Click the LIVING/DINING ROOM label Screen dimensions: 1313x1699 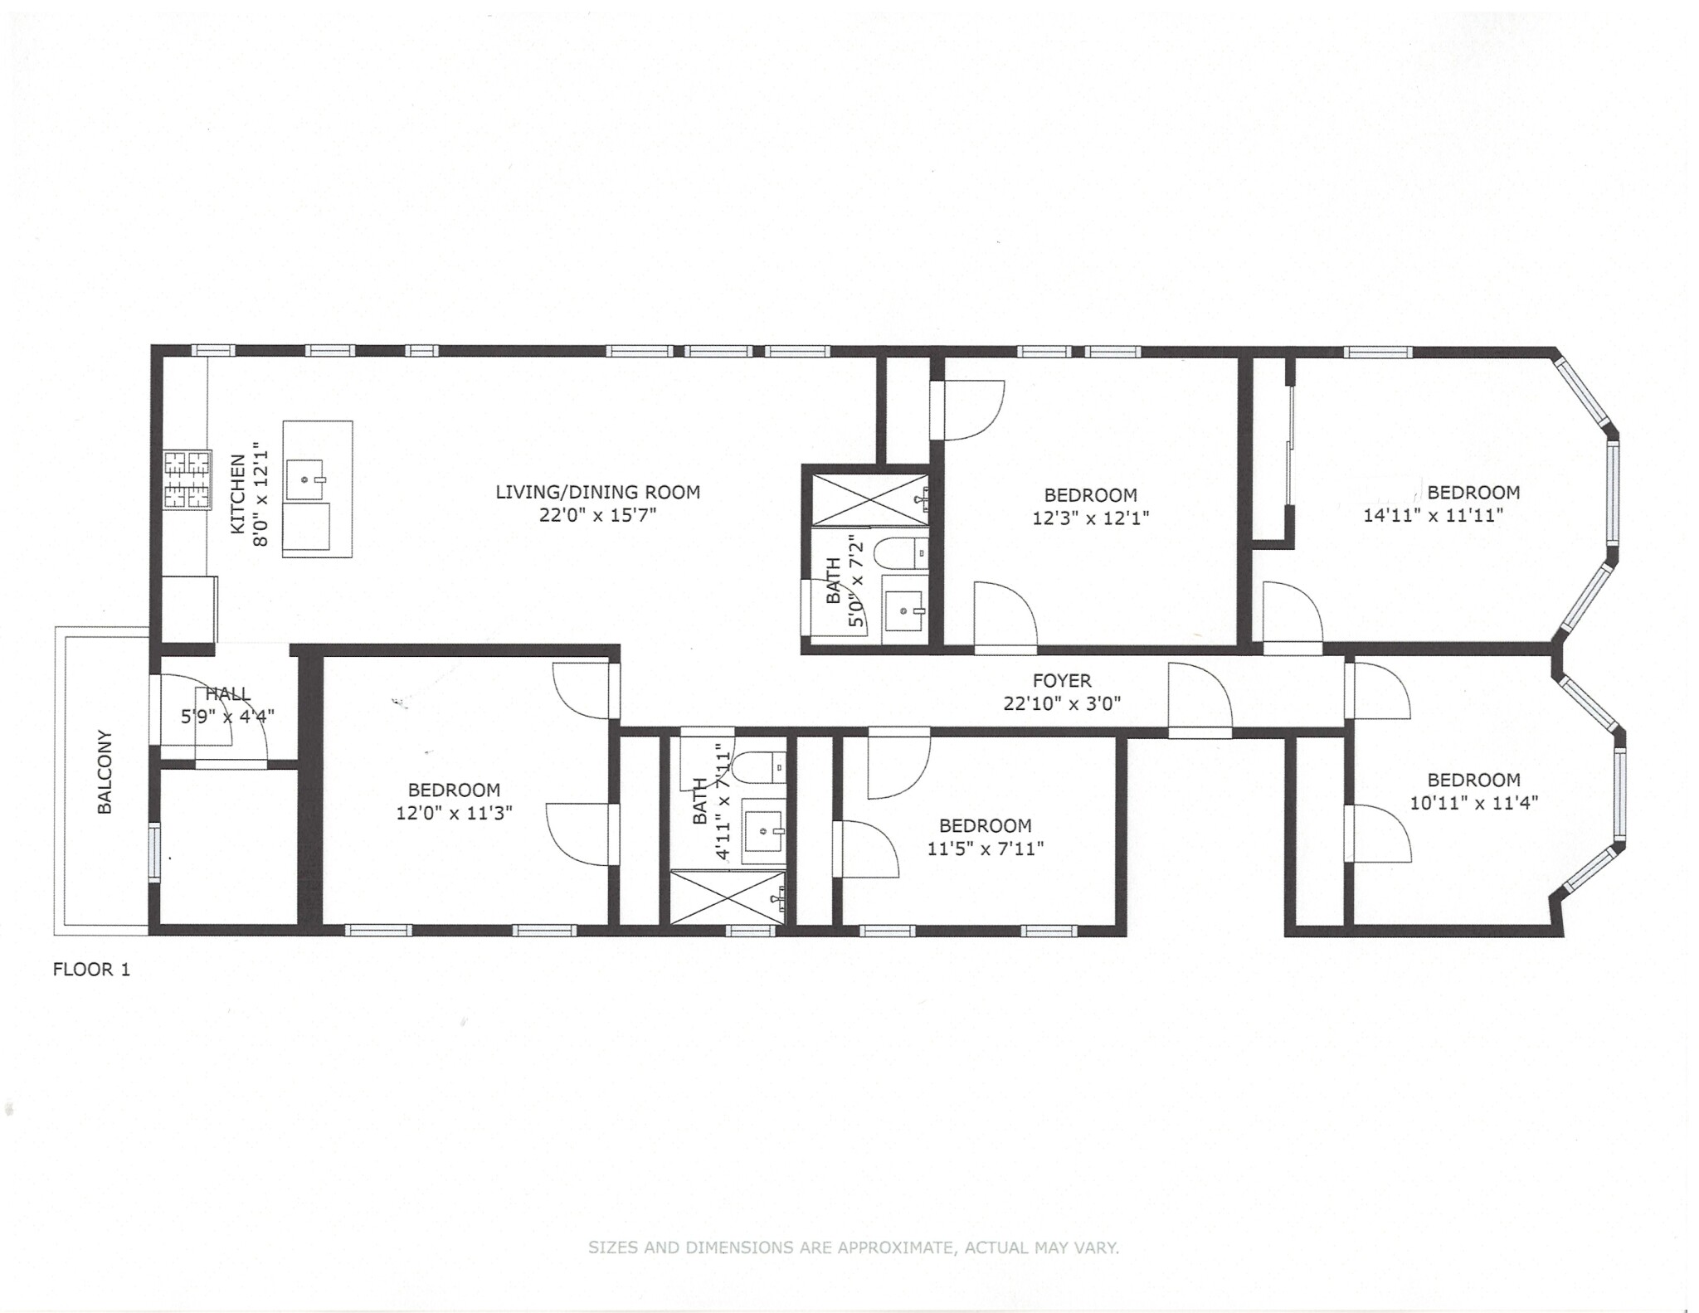click(597, 492)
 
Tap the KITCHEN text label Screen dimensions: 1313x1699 click(238, 494)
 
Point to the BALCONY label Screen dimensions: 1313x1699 click(105, 771)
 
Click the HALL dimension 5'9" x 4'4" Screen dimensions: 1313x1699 click(227, 716)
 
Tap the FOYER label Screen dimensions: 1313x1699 click(1061, 681)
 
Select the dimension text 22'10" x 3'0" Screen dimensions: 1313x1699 click(1061, 704)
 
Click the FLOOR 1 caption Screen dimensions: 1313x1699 click(91, 969)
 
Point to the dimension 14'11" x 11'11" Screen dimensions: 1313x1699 click(1434, 515)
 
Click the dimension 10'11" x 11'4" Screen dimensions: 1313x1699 click(1474, 803)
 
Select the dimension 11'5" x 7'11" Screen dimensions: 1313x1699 click(985, 849)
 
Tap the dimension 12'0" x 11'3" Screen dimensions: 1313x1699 click(454, 813)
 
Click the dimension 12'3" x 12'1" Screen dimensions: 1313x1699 click(1090, 518)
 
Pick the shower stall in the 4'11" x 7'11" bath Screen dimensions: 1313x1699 click(728, 897)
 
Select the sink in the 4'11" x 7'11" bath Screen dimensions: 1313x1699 click(764, 832)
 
